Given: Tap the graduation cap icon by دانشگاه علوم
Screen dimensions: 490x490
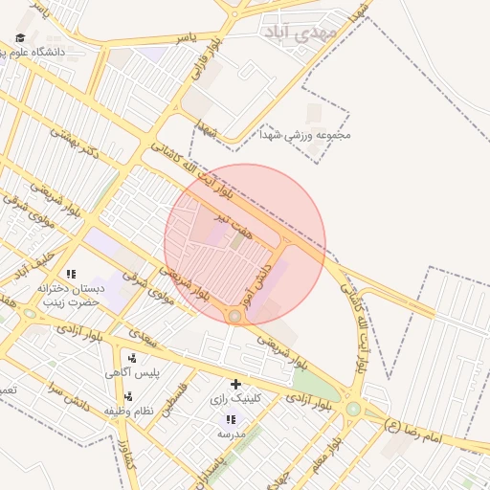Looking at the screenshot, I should [x=20, y=38].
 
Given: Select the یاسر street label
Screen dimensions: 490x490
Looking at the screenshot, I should [x=186, y=37].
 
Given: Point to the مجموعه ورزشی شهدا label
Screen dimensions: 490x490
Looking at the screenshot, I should [x=310, y=135].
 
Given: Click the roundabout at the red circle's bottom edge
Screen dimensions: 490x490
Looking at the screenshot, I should [x=234, y=315].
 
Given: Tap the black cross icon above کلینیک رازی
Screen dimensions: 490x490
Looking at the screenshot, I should [x=235, y=384].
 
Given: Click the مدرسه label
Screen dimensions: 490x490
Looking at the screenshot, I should [x=231, y=434].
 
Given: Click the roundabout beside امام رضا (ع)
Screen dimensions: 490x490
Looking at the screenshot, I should [x=353, y=409].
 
